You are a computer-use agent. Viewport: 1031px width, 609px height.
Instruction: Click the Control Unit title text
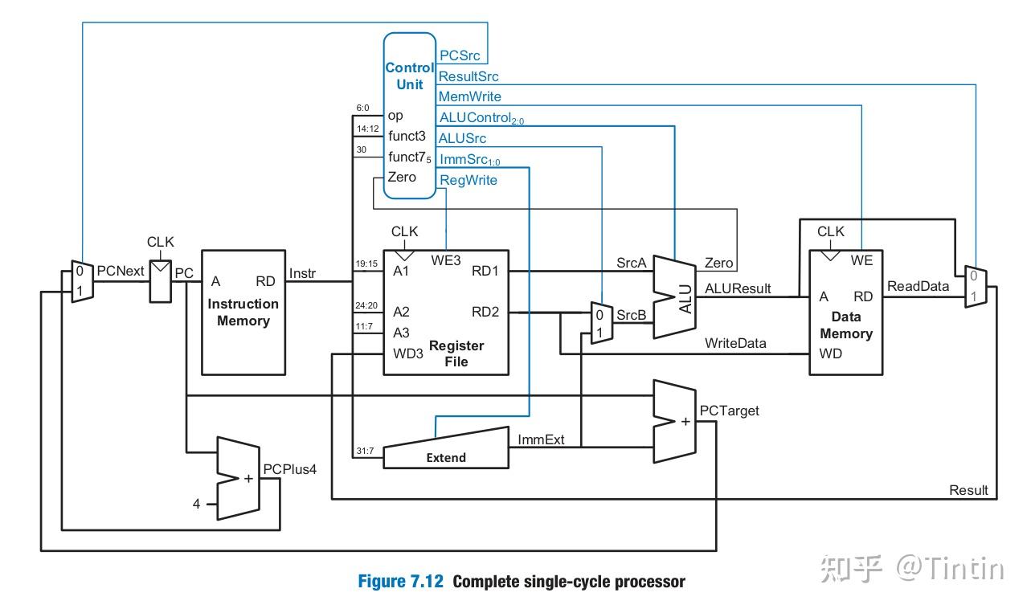(x=409, y=76)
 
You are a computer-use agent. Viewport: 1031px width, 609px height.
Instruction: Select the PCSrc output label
(x=460, y=56)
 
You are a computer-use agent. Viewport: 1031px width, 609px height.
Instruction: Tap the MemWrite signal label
(x=469, y=96)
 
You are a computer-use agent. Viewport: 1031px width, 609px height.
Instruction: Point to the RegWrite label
(x=468, y=180)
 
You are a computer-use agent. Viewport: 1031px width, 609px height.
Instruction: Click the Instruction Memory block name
(x=243, y=313)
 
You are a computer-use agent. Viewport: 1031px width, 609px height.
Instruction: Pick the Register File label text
(x=456, y=354)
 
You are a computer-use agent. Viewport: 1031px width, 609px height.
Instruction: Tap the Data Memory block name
(x=846, y=325)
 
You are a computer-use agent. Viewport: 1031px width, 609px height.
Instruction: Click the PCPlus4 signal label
(x=290, y=469)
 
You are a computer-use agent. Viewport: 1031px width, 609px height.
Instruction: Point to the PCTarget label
(x=729, y=411)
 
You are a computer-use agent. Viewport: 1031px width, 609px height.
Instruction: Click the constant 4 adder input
(x=196, y=505)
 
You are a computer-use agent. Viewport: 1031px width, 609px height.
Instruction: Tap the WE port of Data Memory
(x=861, y=260)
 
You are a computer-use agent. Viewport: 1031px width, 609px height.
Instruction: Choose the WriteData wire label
(x=735, y=343)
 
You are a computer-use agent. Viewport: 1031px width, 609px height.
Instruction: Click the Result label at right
(x=968, y=490)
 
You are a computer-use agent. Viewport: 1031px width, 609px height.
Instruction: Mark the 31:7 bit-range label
(x=365, y=451)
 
